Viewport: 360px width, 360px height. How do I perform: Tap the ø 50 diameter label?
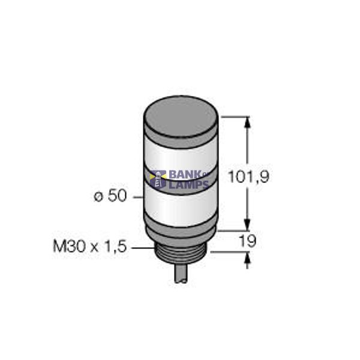click(110, 196)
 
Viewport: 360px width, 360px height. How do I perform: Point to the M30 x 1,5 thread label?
click(90, 246)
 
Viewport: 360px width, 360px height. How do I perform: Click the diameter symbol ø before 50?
click(98, 197)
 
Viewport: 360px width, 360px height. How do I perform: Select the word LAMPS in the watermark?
click(188, 185)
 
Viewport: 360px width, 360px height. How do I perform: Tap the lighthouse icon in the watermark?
click(160, 180)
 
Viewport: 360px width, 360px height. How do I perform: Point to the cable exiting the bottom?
click(182, 274)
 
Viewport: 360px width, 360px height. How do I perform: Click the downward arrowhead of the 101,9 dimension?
click(247, 225)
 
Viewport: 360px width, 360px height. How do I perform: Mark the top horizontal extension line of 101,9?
click(234, 116)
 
